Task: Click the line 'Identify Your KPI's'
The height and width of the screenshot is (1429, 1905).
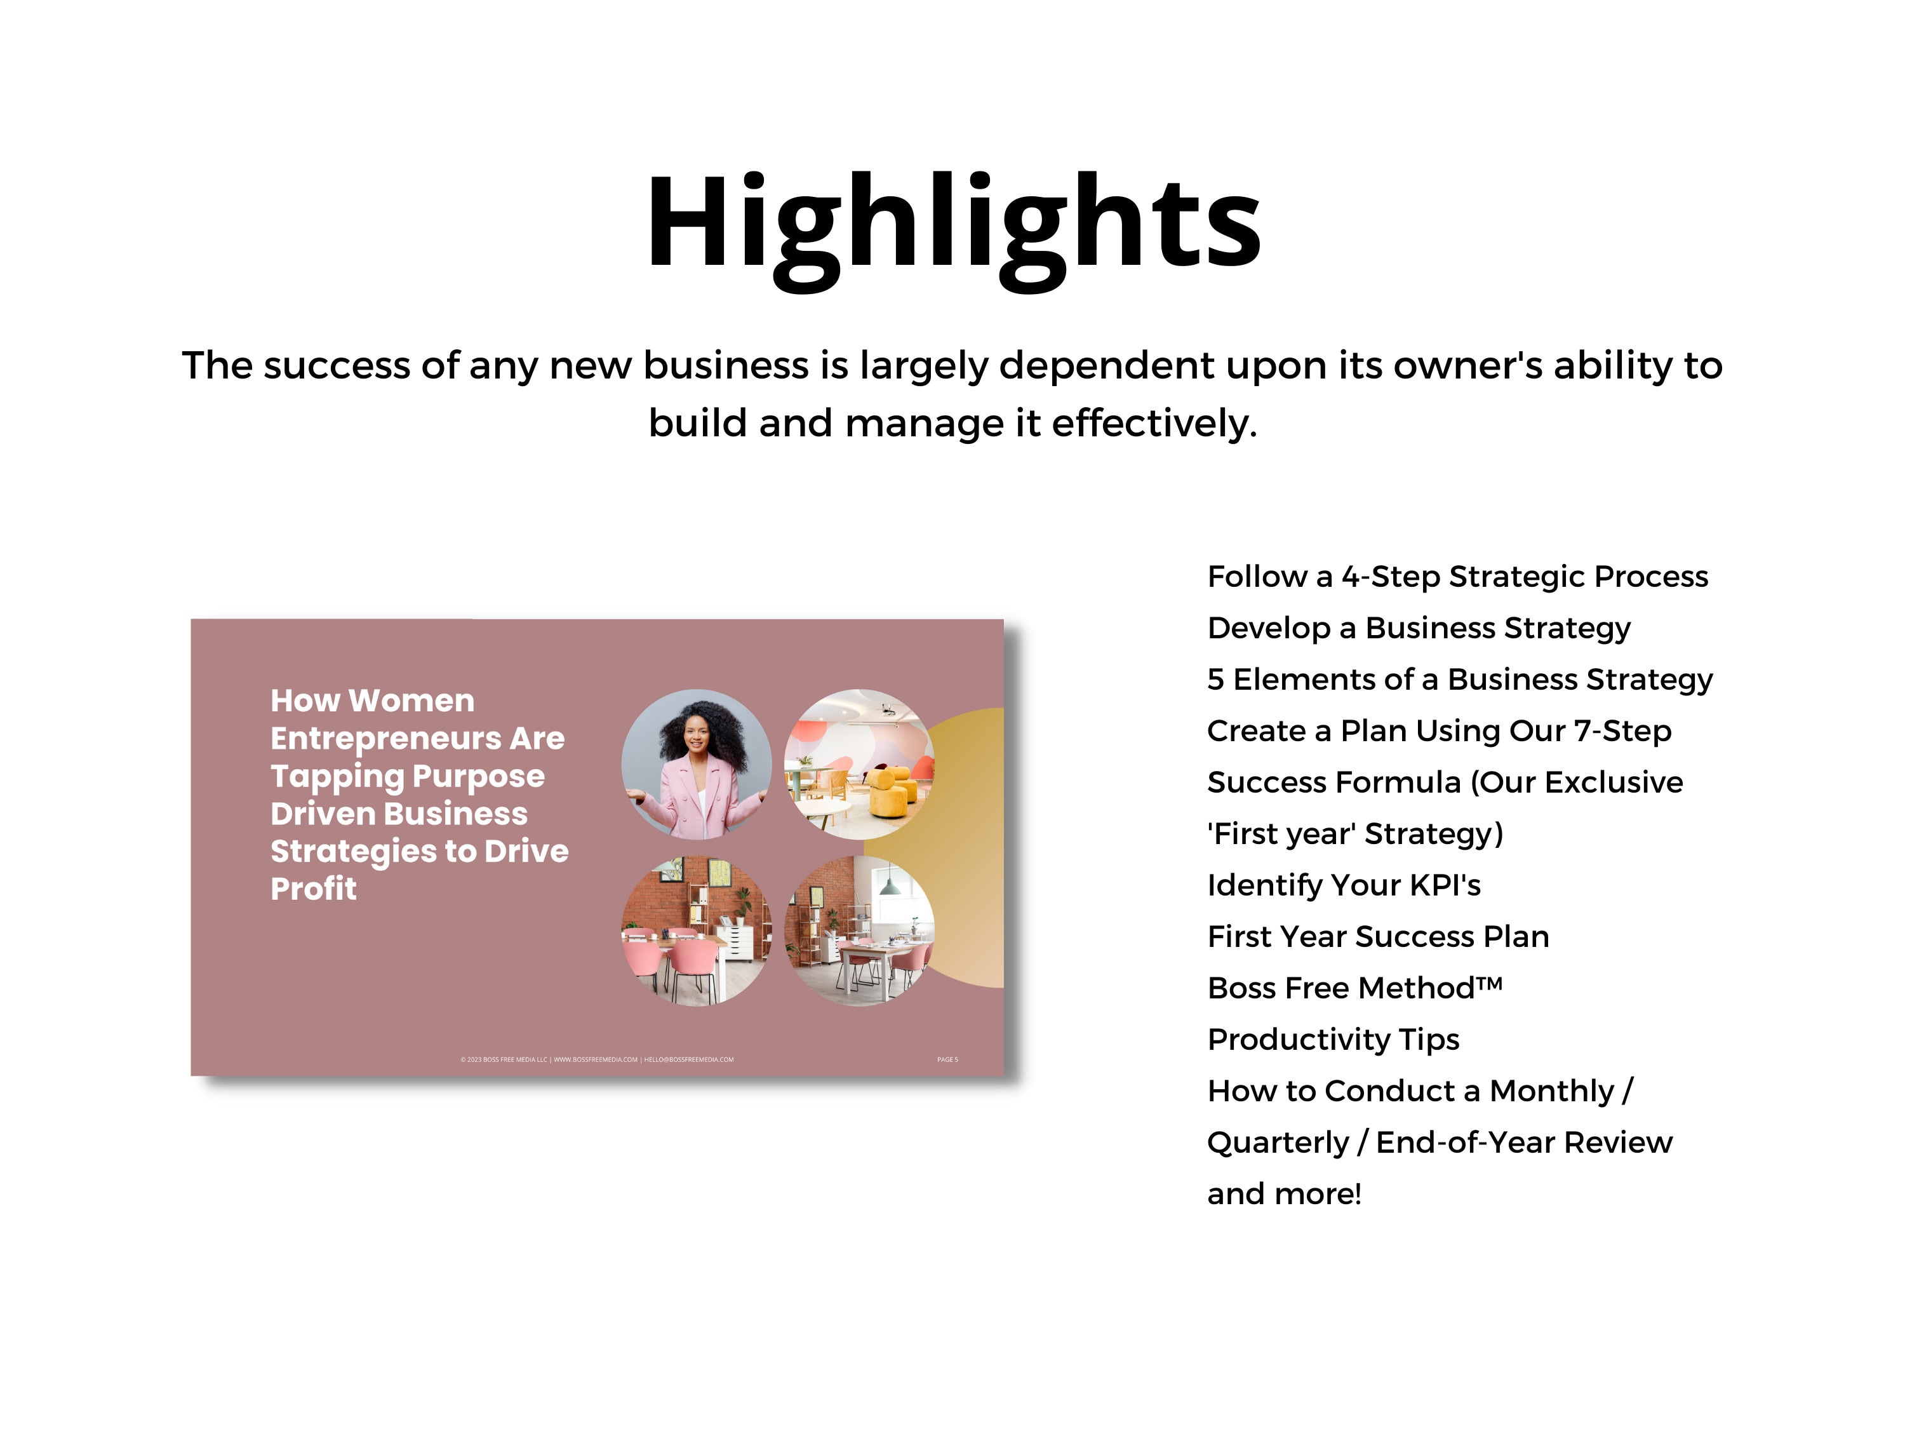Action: [x=1344, y=885]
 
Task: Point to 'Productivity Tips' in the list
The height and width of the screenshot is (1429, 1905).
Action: [x=1333, y=1040]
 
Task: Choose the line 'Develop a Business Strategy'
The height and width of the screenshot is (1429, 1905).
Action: [x=1419, y=628]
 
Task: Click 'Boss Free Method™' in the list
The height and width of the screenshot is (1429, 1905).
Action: [x=1354, y=988]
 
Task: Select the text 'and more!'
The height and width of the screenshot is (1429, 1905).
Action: [x=1284, y=1194]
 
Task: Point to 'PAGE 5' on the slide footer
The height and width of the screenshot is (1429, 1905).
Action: [x=947, y=1059]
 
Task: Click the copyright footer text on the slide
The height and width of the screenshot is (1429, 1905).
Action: [x=597, y=1059]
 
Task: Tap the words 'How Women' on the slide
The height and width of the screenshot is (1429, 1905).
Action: [x=372, y=701]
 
